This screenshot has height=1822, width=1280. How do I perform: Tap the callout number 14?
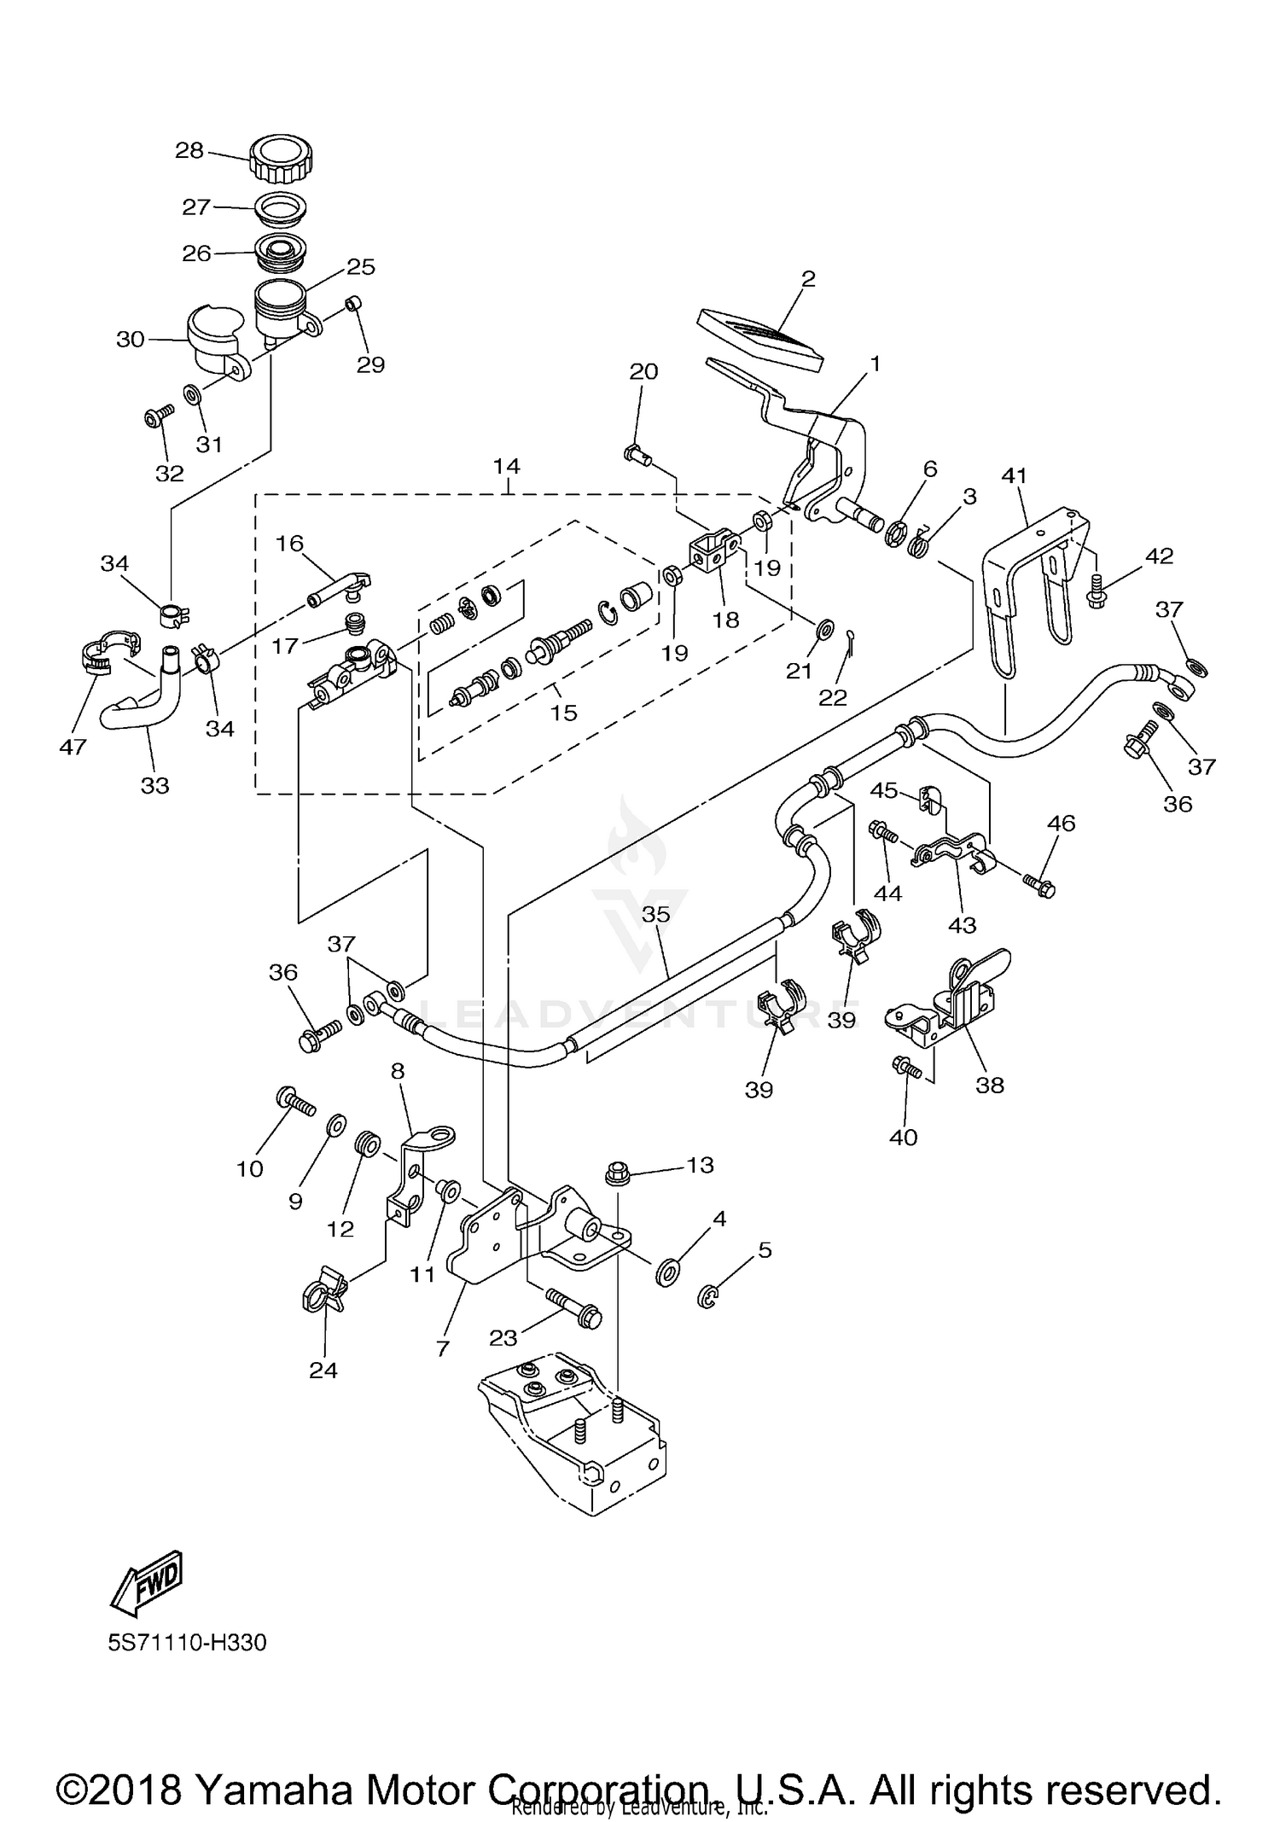(506, 466)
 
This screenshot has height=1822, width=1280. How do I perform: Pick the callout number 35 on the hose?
(656, 914)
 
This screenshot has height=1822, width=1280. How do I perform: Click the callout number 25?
(361, 266)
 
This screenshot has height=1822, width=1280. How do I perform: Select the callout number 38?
(990, 1085)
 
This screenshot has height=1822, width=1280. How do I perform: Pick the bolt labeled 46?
(1040, 885)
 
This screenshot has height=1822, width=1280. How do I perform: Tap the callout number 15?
(563, 712)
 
